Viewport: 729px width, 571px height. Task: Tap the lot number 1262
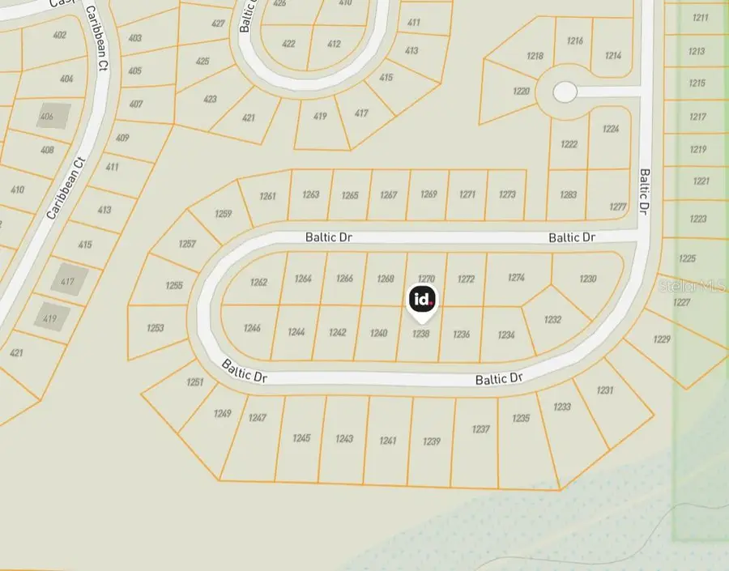258,283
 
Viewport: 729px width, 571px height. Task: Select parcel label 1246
252,328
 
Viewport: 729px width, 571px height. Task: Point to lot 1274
516,278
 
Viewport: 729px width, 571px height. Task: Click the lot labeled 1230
588,279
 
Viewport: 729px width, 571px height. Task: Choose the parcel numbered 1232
552,320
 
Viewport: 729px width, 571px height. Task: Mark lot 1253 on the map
156,328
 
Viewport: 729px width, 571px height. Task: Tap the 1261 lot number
268,196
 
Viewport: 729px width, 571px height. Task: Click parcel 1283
568,195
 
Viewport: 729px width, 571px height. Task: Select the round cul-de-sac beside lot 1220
565,92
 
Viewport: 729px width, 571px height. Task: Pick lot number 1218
535,56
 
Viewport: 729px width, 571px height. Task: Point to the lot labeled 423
210,100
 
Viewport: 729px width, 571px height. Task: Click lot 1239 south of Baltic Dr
432,441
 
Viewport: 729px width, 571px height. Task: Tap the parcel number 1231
605,390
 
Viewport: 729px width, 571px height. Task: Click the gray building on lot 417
68,281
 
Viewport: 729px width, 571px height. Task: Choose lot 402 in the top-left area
59,35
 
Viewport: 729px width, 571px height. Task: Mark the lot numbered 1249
223,413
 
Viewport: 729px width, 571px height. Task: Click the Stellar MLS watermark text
693,286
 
